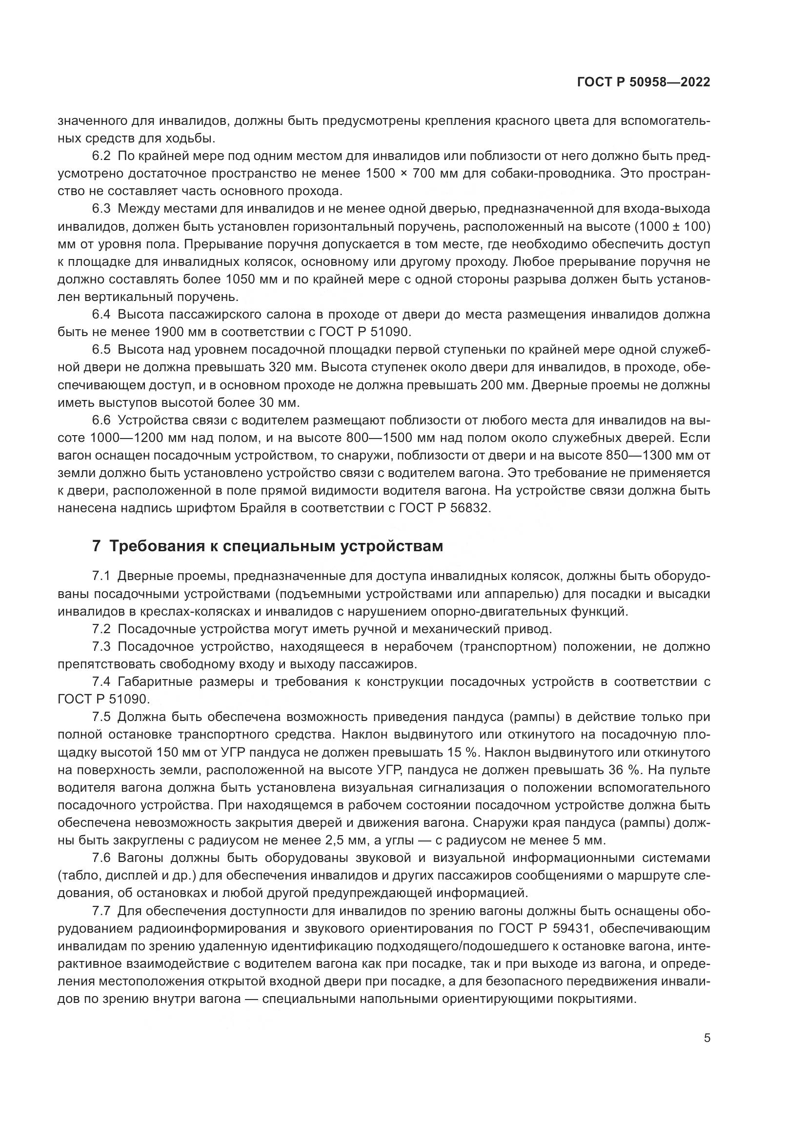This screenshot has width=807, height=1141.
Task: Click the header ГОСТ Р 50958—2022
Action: click(644, 82)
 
